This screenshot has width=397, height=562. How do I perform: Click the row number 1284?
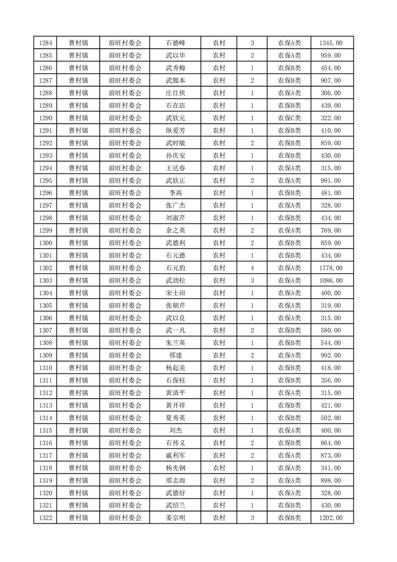click(45, 43)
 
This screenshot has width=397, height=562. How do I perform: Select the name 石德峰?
click(175, 43)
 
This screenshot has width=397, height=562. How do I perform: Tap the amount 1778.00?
click(331, 268)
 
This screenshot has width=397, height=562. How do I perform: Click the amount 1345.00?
click(331, 43)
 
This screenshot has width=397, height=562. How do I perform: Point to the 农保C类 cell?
click(289, 118)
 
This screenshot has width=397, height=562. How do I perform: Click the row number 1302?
click(45, 268)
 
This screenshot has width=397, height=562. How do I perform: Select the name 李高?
click(175, 193)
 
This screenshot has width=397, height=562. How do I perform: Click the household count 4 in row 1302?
click(252, 268)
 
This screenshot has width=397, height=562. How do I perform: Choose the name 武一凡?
click(175, 331)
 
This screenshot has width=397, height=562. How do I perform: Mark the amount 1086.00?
click(331, 281)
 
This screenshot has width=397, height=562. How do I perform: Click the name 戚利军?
click(175, 456)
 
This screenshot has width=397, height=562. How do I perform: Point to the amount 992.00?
click(331, 356)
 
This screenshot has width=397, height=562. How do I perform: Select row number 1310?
click(45, 368)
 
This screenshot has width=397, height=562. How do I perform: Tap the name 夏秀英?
click(175, 418)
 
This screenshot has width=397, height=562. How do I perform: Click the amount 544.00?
click(331, 343)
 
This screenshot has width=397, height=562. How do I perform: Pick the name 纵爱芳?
click(175, 131)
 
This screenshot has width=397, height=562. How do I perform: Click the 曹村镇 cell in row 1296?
click(79, 193)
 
